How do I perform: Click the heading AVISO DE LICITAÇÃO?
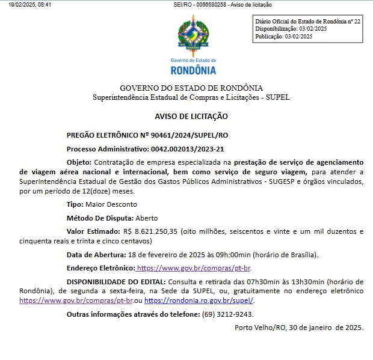[191, 117]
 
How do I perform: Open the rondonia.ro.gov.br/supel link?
[199, 300]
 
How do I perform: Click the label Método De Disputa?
[99, 218]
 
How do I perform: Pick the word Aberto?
[146, 218]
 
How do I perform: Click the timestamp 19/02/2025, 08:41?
[30, 4]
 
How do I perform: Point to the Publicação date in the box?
[298, 36]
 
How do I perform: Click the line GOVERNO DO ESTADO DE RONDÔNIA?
[191, 88]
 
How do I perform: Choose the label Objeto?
[79, 162]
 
